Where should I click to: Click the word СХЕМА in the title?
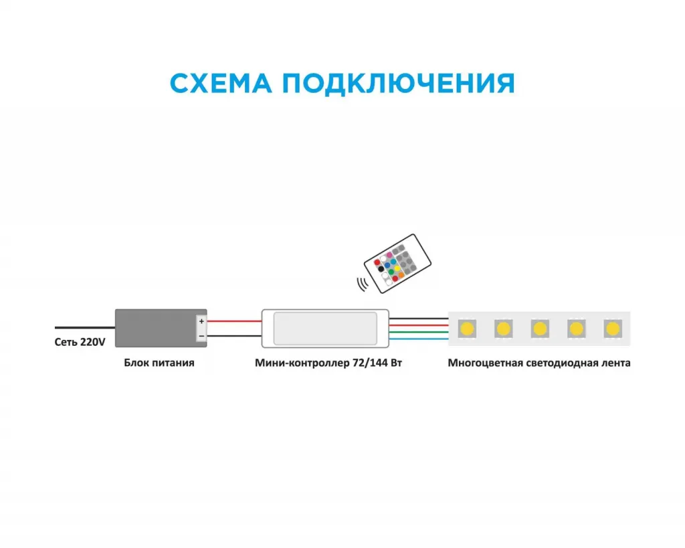(221, 84)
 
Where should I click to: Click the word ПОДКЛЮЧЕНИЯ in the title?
(397, 84)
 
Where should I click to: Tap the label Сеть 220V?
(80, 342)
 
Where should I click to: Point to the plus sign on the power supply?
(201, 322)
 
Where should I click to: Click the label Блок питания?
(159, 363)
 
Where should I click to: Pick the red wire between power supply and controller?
(234, 321)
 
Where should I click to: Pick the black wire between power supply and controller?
(234, 335)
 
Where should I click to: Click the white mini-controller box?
(325, 328)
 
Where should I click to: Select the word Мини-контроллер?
(302, 363)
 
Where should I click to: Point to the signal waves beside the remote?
(363, 284)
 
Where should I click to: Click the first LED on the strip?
(467, 329)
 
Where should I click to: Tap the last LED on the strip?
(611, 329)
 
